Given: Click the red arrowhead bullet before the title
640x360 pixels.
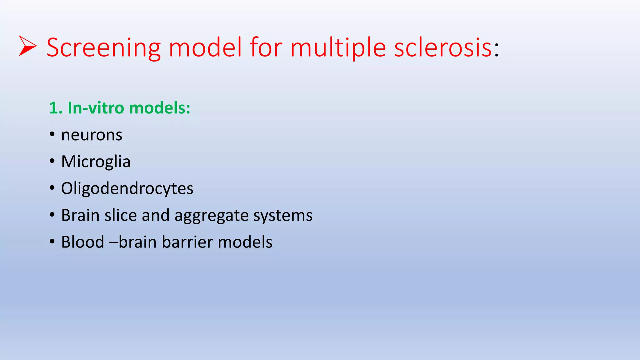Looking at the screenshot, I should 27,46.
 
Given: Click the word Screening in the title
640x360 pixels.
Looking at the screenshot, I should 103,47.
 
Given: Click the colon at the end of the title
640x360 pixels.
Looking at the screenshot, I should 497,50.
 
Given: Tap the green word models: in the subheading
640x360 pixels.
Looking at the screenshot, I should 159,108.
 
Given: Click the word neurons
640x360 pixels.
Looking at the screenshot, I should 92,135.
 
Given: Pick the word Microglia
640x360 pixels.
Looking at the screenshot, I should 96,162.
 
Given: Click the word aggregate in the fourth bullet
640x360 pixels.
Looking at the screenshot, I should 211,216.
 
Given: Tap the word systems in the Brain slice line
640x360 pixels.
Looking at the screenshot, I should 282,216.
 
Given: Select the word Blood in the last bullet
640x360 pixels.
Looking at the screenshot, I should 82,242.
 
